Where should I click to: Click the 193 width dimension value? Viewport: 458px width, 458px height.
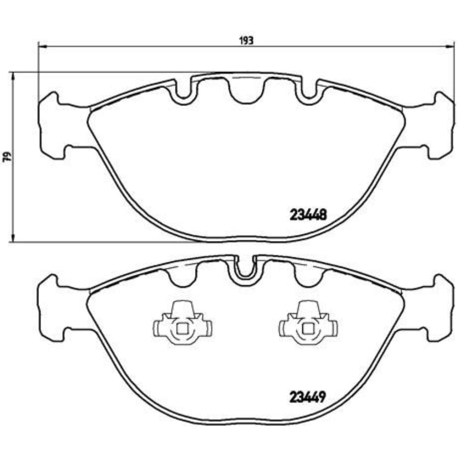click(246, 41)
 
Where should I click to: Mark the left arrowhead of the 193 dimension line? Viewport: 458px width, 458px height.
click(42, 46)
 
